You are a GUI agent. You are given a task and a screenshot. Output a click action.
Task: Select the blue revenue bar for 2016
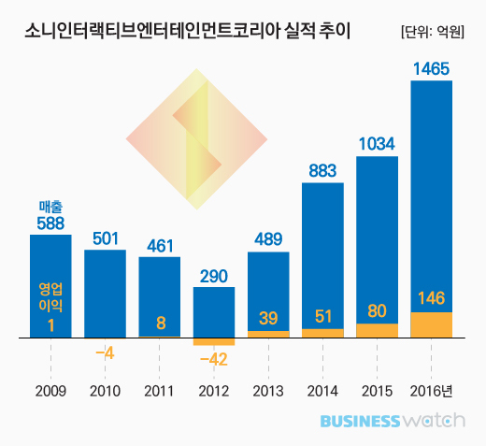[x=431, y=187]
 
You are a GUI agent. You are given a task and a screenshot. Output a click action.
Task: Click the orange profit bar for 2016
[x=431, y=324]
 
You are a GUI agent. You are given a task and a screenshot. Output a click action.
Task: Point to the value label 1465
[x=431, y=68]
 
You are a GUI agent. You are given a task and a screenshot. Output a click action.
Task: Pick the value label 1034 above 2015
[x=377, y=143]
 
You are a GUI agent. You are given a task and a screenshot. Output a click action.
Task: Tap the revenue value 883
[x=322, y=170]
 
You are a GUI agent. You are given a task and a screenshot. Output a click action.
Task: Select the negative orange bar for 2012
[x=214, y=340]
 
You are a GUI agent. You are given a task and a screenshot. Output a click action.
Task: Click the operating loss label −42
[x=214, y=358]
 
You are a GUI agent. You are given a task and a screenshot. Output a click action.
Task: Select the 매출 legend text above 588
[x=50, y=206]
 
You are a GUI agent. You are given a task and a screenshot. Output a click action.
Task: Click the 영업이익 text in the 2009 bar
[x=50, y=296]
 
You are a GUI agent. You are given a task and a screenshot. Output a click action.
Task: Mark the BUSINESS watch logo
[x=392, y=421]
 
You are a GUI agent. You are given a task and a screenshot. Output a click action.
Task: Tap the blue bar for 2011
[x=159, y=290]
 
